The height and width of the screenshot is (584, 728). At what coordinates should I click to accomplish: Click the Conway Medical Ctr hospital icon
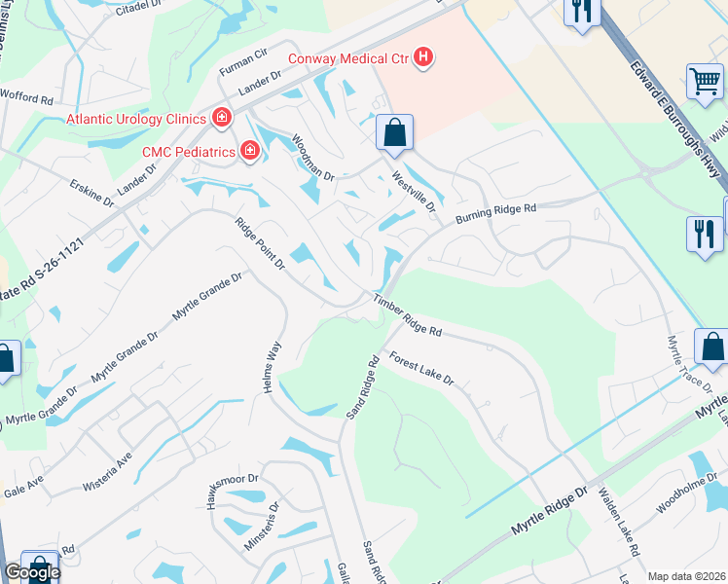pyautogui.click(x=422, y=58)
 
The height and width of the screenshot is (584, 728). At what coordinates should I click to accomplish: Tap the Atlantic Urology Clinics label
pyautogui.click(x=137, y=119)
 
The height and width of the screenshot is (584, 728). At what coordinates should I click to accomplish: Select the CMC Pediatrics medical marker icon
pyautogui.click(x=250, y=151)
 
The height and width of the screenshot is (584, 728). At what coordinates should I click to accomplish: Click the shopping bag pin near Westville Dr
pyautogui.click(x=394, y=133)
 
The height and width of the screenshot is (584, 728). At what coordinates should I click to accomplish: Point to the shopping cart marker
pyautogui.click(x=706, y=82)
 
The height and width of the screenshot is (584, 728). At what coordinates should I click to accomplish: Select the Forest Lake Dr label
pyautogui.click(x=421, y=367)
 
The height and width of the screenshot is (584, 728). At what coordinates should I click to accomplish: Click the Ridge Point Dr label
pyautogui.click(x=259, y=243)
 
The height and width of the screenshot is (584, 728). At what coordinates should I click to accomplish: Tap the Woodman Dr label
pyautogui.click(x=313, y=160)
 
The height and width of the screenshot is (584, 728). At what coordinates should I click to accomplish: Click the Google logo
pyautogui.click(x=31, y=572)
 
